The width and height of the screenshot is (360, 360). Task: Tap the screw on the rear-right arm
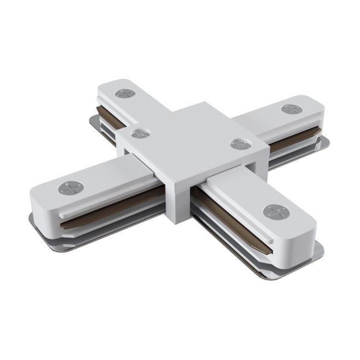pyautogui.click(x=291, y=109)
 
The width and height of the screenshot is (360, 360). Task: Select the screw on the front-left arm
pyautogui.click(x=70, y=188)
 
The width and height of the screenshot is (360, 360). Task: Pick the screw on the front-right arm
pyautogui.click(x=273, y=211)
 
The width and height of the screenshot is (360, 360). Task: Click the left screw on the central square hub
pyautogui.click(x=138, y=133)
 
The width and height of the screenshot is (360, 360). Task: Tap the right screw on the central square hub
pyautogui.click(x=238, y=145)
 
